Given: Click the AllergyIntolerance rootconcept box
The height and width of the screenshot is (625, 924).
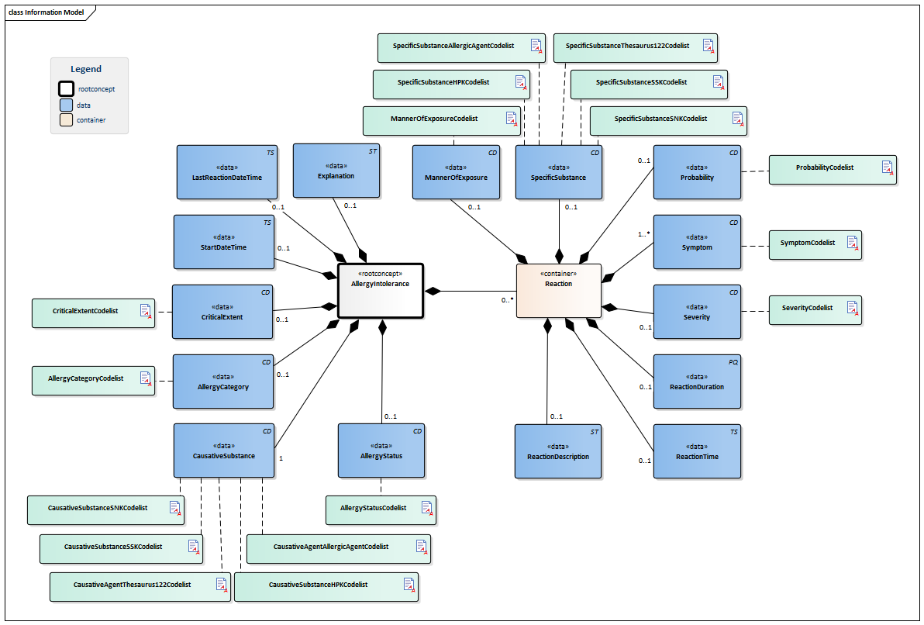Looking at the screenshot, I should tap(380, 290).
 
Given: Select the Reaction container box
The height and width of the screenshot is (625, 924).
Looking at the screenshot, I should tap(558, 290).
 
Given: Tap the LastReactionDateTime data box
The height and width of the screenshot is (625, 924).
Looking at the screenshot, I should tap(226, 171).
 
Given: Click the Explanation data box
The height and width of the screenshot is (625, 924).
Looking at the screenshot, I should tap(336, 170).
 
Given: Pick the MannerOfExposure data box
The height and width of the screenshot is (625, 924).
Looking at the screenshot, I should tap(456, 171).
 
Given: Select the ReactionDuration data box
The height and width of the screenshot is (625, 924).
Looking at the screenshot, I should tap(696, 381).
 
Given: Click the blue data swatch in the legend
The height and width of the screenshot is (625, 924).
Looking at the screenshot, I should tap(67, 105).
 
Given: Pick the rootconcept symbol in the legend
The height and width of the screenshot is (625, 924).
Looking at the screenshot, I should tap(67, 88).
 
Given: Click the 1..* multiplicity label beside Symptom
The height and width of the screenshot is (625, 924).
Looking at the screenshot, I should tap(643, 233).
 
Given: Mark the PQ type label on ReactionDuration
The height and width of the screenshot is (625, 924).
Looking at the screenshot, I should tap(733, 362).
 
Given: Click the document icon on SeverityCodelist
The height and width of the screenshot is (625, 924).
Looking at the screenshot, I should tap(852, 309).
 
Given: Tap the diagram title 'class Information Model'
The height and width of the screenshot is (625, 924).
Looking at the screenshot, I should tap(47, 12).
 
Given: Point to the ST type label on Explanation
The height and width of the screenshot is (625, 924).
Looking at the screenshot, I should tap(372, 151).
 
